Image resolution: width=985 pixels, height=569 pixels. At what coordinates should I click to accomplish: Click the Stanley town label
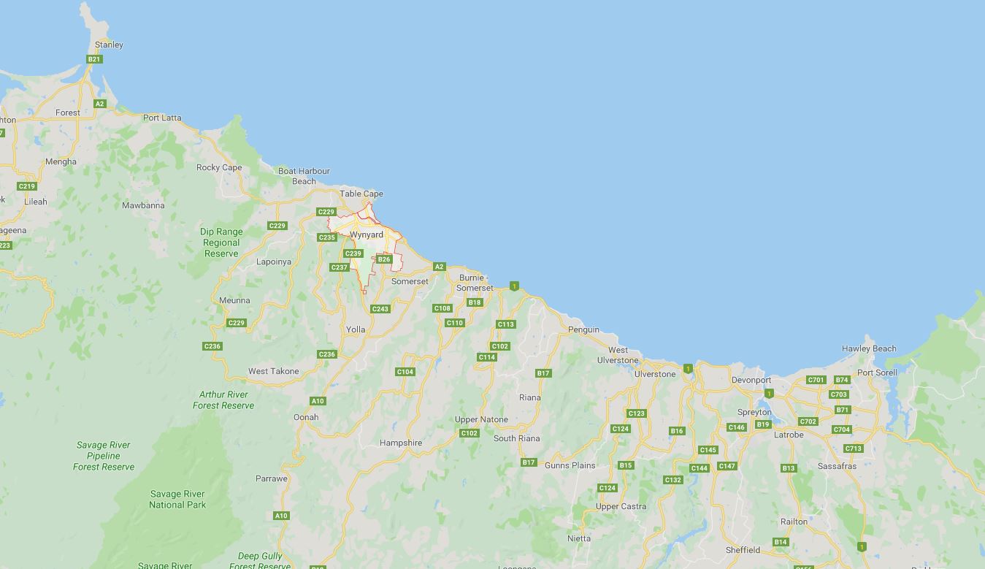click(109, 45)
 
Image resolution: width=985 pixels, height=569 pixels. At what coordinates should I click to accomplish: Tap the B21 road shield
click(93, 59)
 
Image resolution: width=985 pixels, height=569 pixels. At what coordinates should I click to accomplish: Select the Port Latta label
click(162, 118)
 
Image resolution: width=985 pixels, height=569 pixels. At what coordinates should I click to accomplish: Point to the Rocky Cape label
click(219, 167)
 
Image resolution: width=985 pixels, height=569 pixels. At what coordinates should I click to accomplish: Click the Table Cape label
click(361, 194)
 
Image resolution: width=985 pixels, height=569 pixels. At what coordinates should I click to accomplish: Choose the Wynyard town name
click(367, 234)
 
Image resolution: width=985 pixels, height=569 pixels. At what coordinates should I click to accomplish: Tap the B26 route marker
click(384, 259)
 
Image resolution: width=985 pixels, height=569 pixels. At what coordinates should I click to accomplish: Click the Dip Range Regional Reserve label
click(221, 243)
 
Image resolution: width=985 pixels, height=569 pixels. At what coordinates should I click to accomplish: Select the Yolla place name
click(356, 329)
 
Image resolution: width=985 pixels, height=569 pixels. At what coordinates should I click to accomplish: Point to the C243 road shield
click(380, 309)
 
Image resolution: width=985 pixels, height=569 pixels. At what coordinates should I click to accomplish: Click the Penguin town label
click(583, 329)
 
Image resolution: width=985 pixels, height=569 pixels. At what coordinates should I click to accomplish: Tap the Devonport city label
click(751, 380)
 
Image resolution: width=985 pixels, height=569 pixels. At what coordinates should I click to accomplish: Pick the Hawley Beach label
click(869, 348)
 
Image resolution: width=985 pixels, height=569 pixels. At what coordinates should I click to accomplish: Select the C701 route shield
click(816, 380)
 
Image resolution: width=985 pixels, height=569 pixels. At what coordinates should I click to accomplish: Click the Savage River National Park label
click(177, 500)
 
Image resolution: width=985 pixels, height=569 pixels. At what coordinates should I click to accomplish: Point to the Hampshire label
click(401, 443)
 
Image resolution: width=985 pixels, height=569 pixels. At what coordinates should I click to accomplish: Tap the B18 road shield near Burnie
click(475, 302)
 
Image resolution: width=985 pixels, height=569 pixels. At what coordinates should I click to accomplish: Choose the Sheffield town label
click(743, 550)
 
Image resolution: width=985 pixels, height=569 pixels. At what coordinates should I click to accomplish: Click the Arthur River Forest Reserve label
click(223, 400)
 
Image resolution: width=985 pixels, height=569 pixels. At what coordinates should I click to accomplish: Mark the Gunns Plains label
click(570, 465)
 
